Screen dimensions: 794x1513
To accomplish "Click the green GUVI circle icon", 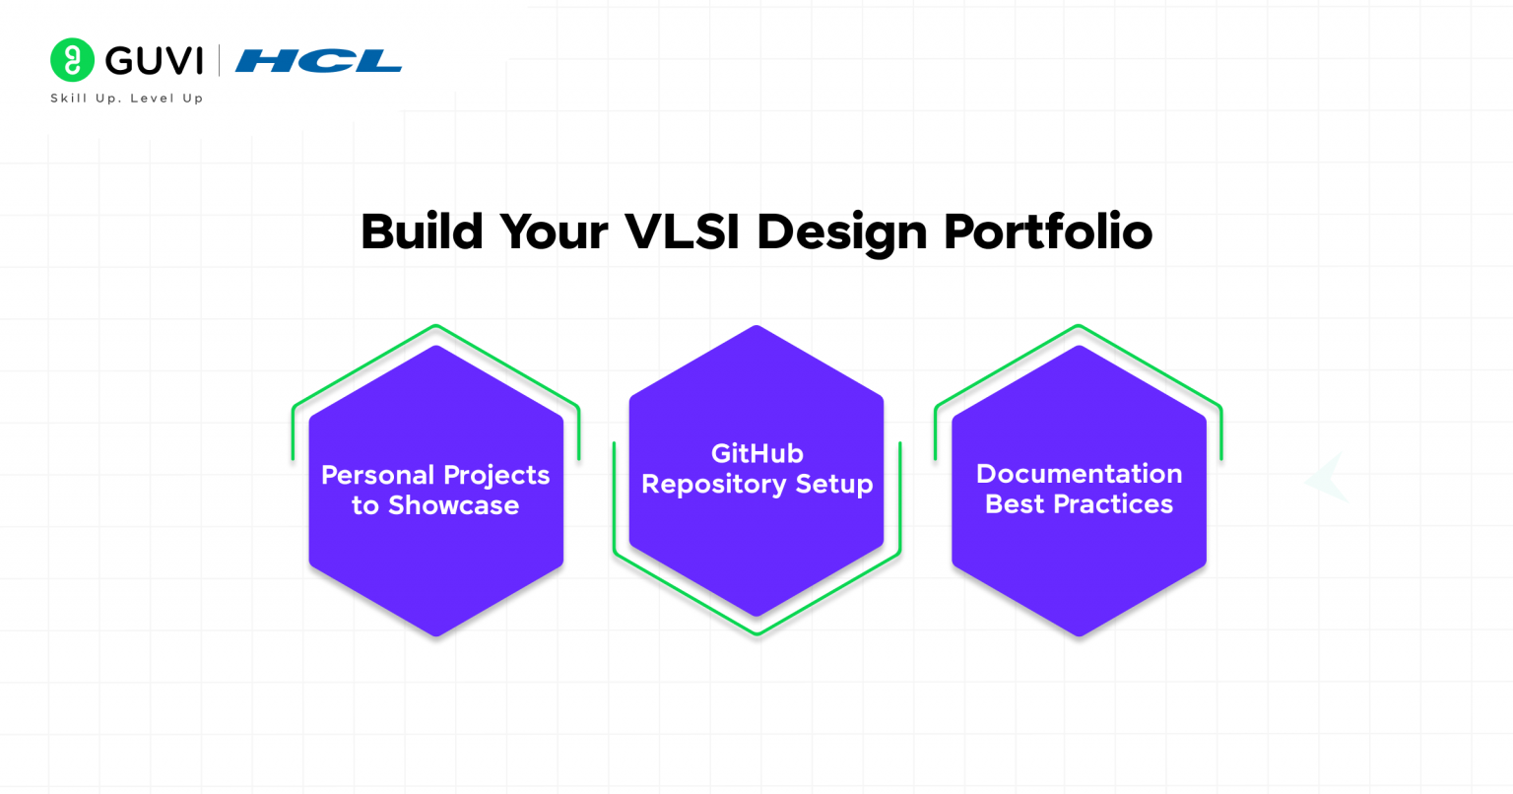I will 72,60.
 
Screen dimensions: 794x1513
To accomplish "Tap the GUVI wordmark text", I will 154,61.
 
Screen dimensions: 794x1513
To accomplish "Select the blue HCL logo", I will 318,61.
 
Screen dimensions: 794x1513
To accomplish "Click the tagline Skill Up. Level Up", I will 126,99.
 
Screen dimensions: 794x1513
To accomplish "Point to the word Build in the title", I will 422,232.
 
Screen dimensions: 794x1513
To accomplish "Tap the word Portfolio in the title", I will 1048,232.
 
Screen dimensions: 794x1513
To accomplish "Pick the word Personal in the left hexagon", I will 377,475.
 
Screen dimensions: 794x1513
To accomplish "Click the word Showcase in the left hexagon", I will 453,505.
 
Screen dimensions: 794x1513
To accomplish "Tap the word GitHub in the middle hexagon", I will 756,453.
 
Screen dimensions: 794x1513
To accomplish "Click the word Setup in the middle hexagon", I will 835,485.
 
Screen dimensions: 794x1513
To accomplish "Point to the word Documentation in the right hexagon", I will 1079,474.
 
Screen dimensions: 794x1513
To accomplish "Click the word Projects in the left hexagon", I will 495,475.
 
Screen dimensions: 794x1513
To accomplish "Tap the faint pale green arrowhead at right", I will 1328,479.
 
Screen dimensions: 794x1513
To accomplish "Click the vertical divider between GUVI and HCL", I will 219,61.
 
